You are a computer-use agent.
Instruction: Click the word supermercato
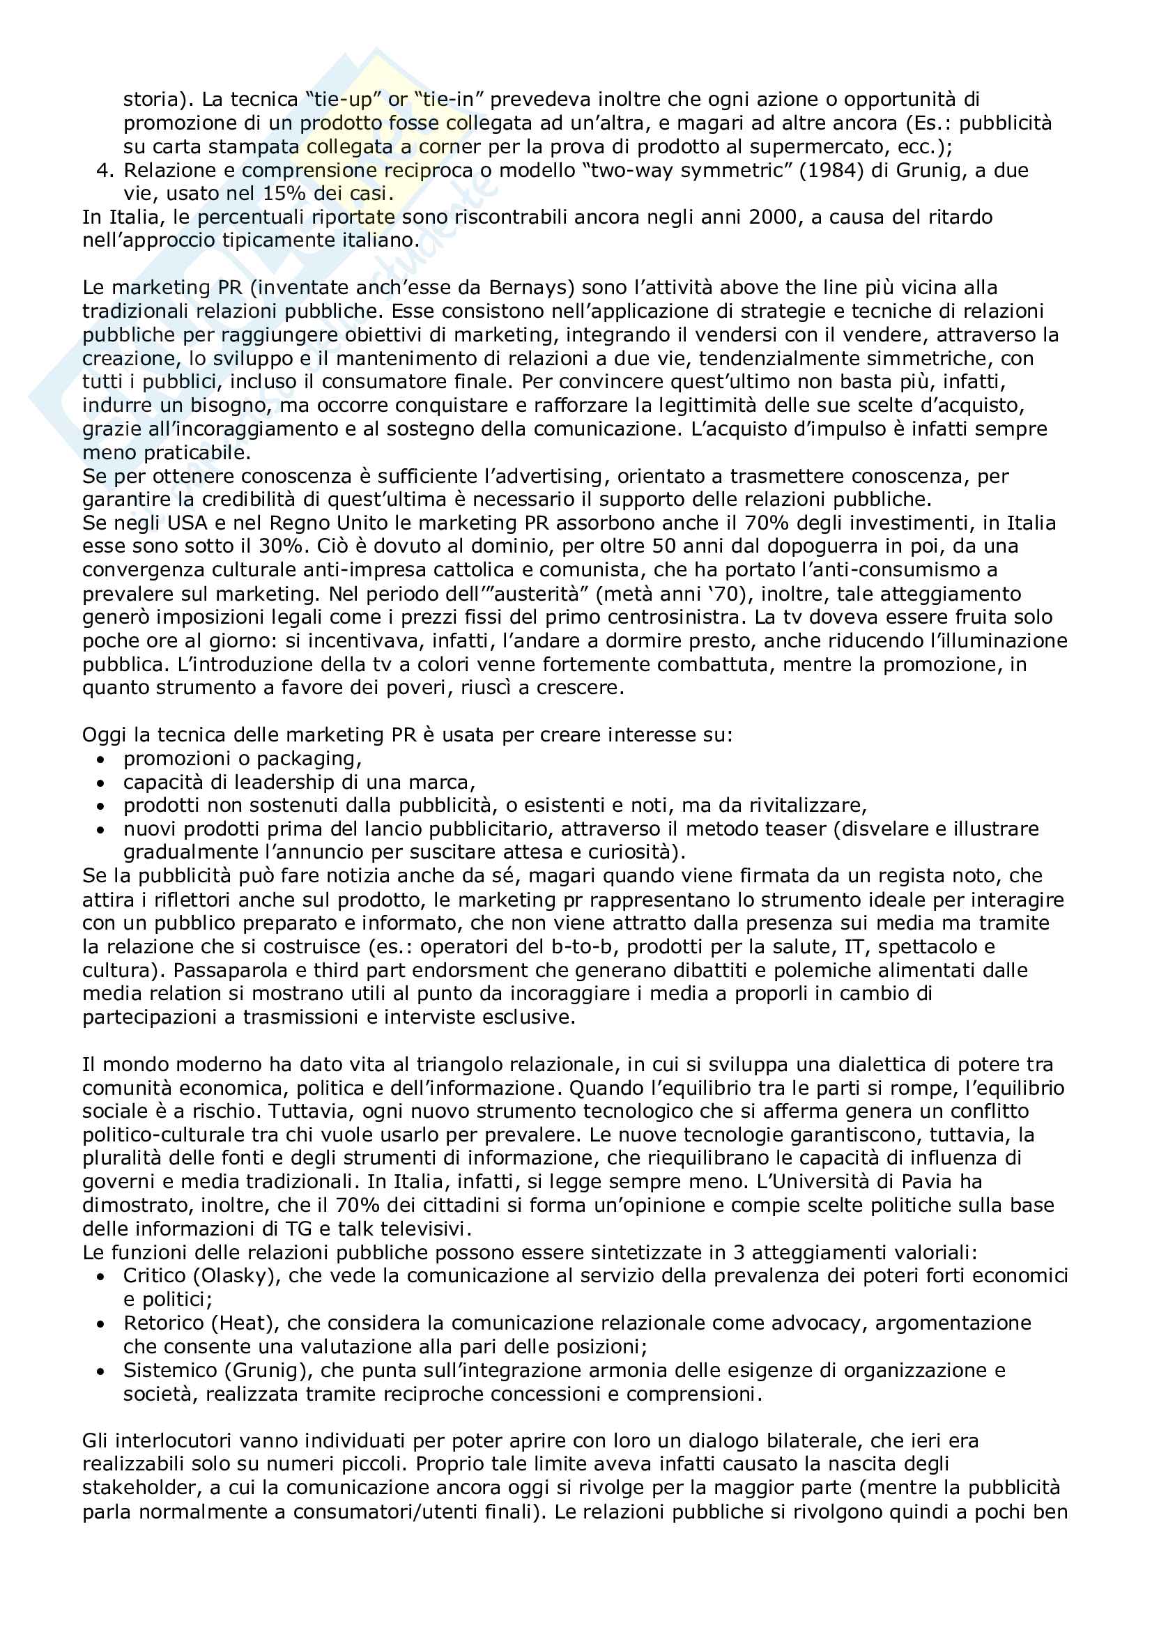[x=824, y=147]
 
